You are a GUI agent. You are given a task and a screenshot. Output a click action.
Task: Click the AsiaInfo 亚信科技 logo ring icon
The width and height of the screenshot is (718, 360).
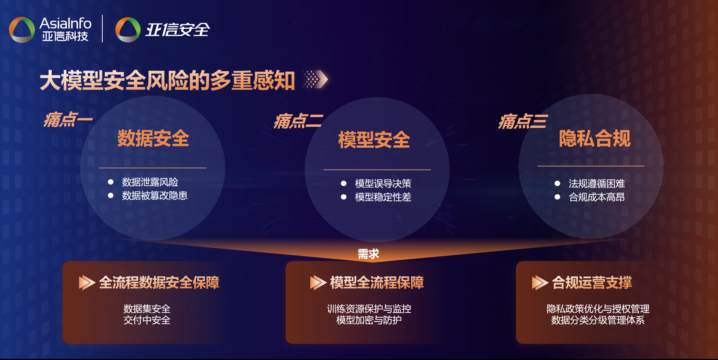(22, 30)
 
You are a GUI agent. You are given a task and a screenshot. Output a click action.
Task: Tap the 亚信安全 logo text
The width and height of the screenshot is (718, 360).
(177, 30)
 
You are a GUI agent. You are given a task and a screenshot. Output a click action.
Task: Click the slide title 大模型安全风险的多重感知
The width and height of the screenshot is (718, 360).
(167, 80)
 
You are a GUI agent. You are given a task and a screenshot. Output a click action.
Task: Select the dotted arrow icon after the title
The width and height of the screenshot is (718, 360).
(316, 79)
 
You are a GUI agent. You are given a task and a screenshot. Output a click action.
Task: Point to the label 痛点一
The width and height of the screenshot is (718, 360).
(68, 120)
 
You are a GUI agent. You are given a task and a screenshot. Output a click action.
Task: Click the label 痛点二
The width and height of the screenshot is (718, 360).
(298, 121)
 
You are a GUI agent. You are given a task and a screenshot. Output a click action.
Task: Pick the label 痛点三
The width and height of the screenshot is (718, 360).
(523, 121)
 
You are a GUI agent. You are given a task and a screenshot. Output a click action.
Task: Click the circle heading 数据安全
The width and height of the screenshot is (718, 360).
(153, 138)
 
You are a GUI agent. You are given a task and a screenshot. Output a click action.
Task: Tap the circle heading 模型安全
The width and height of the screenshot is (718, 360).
(374, 140)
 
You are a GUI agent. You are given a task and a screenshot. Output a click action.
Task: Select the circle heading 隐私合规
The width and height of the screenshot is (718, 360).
(595, 138)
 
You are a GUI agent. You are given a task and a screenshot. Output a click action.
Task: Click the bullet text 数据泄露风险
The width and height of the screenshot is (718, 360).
(150, 182)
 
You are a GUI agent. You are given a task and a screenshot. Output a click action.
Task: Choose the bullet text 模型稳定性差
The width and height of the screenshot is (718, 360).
(383, 197)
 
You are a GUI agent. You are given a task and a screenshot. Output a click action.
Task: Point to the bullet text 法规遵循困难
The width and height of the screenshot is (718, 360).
(597, 184)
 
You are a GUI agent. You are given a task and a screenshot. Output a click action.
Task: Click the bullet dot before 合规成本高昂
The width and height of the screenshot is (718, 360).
(557, 197)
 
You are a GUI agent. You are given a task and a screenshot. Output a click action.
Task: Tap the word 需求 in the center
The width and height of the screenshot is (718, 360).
(368, 254)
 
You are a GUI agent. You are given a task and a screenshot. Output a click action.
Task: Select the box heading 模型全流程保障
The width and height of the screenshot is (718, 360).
(377, 283)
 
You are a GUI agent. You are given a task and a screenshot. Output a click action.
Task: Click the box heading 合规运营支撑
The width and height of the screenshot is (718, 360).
(592, 283)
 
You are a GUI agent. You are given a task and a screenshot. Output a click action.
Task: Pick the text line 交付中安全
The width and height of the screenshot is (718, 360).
(147, 320)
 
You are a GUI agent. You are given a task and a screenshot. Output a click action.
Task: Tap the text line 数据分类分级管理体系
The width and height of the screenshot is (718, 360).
(598, 320)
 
